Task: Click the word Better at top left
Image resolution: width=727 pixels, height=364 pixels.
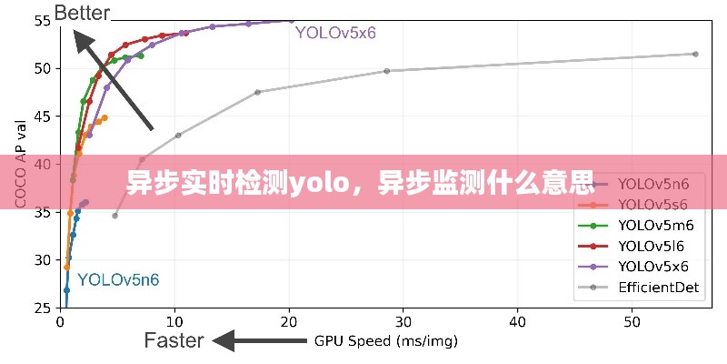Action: [82, 13]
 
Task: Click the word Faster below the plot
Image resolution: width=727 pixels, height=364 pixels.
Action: [174, 340]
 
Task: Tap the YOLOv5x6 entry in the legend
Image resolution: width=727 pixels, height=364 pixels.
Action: [653, 267]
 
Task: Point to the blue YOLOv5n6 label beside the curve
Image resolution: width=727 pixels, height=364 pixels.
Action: [118, 279]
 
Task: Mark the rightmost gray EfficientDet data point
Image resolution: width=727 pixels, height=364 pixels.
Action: [695, 54]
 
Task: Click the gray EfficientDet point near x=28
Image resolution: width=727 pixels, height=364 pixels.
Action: [387, 71]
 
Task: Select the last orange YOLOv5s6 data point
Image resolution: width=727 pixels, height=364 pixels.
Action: [105, 117]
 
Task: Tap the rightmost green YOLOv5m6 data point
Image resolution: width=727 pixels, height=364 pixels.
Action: [141, 56]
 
